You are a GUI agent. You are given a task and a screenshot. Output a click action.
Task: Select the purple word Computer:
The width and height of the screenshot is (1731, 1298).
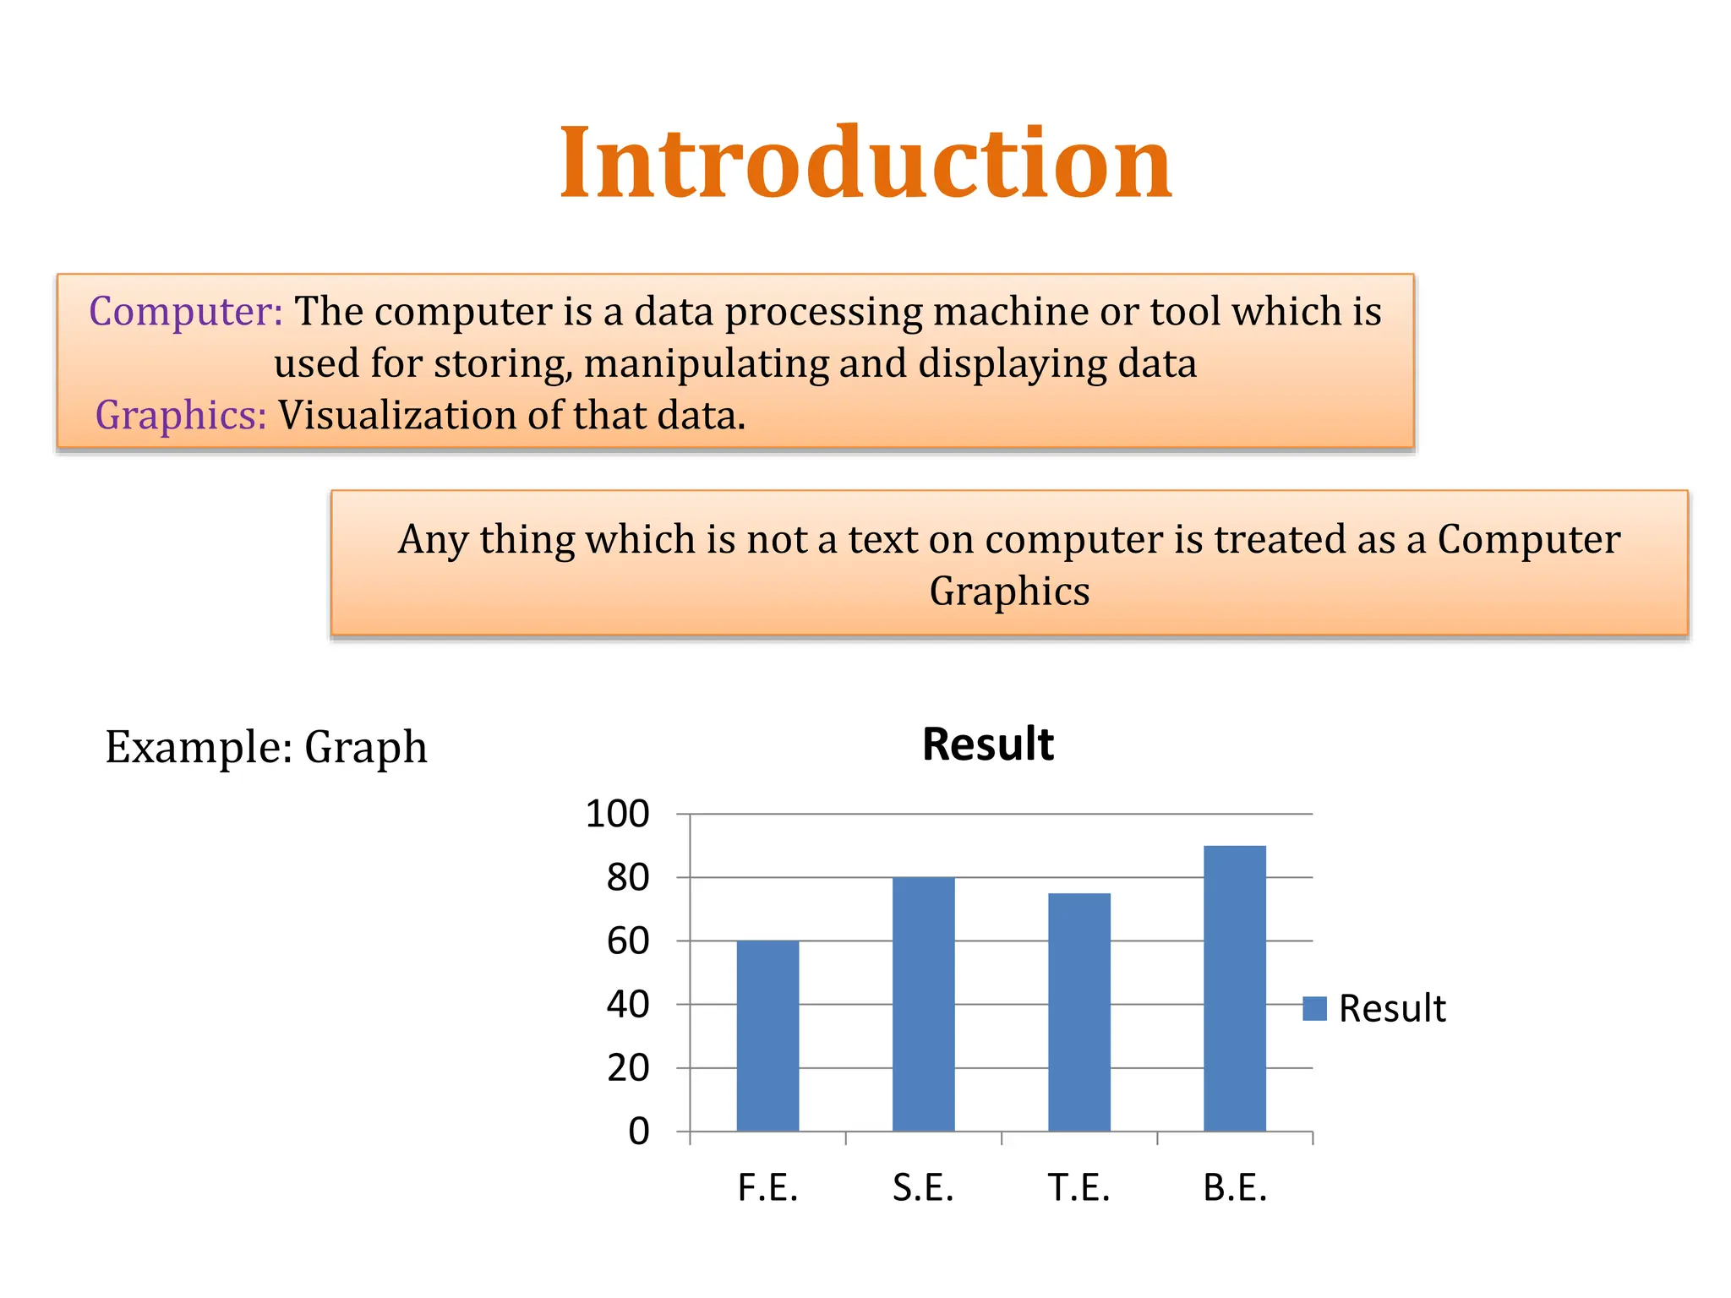tap(185, 311)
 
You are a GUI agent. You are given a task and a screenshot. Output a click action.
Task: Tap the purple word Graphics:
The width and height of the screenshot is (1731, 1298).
tap(181, 415)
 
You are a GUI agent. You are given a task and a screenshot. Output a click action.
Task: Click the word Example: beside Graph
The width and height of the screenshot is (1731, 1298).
tap(199, 747)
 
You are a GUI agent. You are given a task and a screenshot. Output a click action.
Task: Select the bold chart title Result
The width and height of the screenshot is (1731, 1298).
tap(987, 744)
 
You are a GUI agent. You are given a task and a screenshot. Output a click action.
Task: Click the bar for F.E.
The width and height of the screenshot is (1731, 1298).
tap(767, 1035)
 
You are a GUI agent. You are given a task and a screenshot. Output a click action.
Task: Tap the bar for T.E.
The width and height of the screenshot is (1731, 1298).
tap(1079, 1012)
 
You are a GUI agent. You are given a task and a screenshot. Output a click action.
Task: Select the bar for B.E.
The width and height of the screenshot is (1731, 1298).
tap(1235, 988)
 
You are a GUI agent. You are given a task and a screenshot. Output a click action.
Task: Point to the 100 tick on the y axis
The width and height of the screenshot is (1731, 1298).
tap(617, 814)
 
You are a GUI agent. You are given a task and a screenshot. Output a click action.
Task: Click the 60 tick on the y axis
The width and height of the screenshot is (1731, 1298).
tap(627, 941)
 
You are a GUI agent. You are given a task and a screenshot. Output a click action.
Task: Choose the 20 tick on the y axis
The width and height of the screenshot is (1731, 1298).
tap(627, 1068)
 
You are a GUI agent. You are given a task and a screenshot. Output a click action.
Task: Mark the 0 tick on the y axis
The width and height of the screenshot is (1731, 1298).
tap(638, 1132)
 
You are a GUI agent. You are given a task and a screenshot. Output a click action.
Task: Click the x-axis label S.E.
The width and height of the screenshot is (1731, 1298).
tap(923, 1188)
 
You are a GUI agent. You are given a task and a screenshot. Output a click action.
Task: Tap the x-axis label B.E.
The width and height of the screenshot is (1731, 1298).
tap(1235, 1188)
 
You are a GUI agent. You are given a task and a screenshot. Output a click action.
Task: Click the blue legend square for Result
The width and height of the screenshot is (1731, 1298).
tap(1314, 1008)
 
